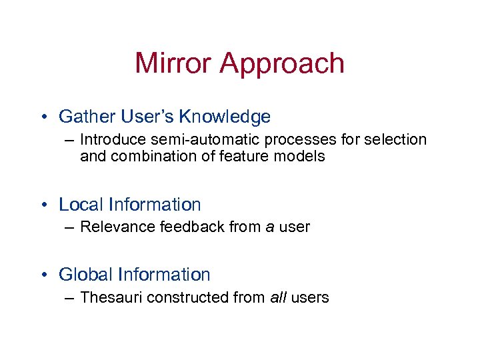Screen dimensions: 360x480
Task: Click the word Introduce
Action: [113, 139]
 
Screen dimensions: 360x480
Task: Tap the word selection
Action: [393, 139]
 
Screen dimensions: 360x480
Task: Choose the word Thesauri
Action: [111, 297]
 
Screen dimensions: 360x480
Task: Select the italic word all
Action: [278, 297]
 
